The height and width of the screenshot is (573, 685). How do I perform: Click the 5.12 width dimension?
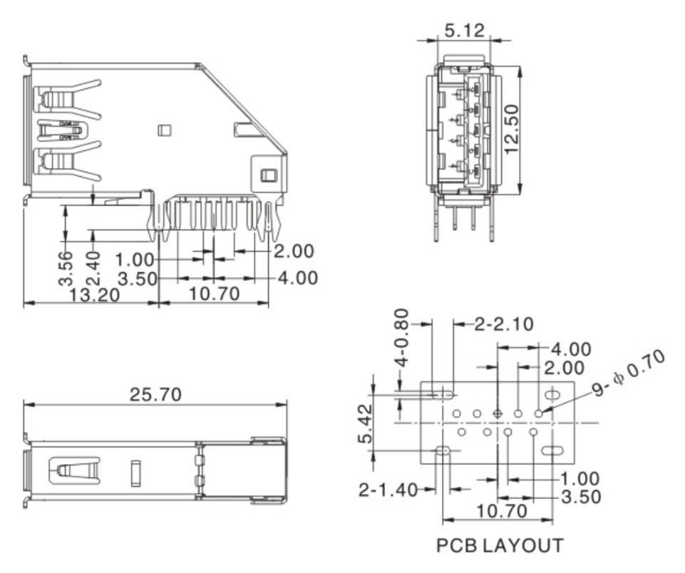pyautogui.click(x=465, y=31)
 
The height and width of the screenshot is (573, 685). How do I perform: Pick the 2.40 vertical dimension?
pyautogui.click(x=93, y=267)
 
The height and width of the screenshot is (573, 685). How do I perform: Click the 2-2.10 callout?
pyautogui.click(x=504, y=324)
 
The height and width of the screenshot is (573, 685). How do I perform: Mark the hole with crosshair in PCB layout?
pyautogui.click(x=498, y=413)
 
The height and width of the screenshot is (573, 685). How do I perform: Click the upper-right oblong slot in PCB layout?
pyautogui.click(x=552, y=395)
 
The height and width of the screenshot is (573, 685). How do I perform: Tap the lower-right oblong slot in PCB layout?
pyautogui.click(x=552, y=450)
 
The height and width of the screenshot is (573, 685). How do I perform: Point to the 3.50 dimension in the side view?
pyautogui.click(x=137, y=278)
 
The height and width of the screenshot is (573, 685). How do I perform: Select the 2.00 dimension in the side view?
pyautogui.click(x=294, y=252)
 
